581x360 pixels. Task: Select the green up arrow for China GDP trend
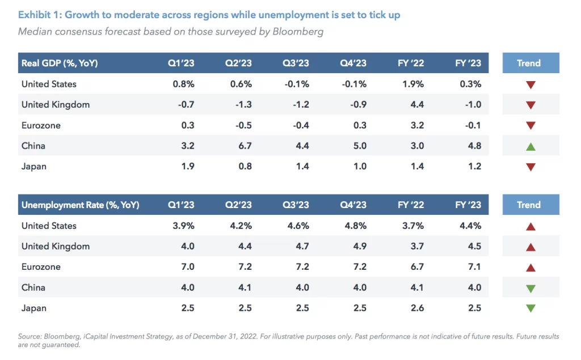[x=531, y=146]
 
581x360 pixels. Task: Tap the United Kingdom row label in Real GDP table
[x=56, y=105]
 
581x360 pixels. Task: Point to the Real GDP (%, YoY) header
[x=60, y=63]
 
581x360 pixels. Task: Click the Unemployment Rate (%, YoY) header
[x=80, y=205]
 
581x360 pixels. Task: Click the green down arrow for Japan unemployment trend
[x=531, y=308]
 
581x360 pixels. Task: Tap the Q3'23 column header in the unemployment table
[x=296, y=205]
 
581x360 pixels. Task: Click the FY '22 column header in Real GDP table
[x=411, y=63]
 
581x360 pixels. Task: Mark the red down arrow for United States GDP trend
[x=531, y=85]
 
